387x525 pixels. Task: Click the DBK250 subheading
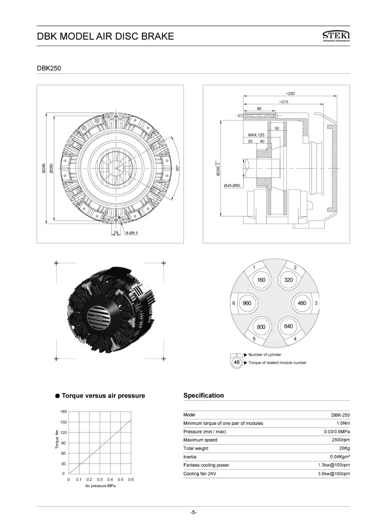[x=49, y=68]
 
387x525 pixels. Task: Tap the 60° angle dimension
[x=177, y=168]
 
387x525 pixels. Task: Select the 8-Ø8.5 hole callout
[x=132, y=233]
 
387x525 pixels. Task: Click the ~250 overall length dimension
[x=290, y=94]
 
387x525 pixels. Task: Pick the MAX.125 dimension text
[x=256, y=135]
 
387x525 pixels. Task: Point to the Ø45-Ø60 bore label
[x=232, y=185]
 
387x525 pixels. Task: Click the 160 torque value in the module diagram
[x=261, y=280]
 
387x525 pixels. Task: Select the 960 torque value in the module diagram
[x=247, y=303]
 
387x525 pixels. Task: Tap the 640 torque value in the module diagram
[x=288, y=326]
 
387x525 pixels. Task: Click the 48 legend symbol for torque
[x=236, y=363]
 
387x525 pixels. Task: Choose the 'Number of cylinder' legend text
[x=265, y=354]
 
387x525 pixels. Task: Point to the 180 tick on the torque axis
[x=63, y=412]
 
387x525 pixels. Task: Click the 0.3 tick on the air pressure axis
[x=99, y=479]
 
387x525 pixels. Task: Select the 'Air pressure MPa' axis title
[x=100, y=486]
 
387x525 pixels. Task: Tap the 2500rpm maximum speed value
[x=341, y=440]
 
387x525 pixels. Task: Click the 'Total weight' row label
[x=196, y=448]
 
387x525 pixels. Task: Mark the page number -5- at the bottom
[x=193, y=513]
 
